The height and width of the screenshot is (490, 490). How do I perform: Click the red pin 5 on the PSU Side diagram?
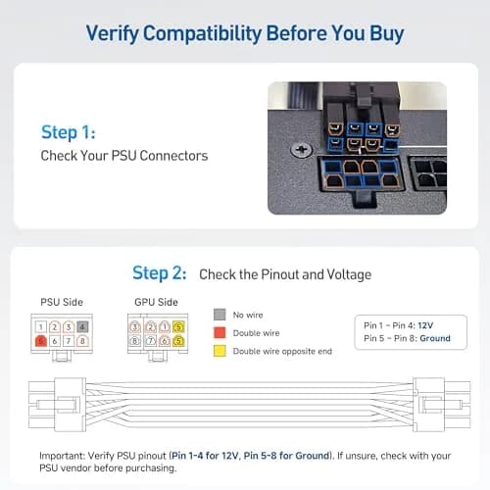tap(41, 341)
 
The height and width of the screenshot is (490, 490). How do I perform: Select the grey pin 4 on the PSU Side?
tap(82, 326)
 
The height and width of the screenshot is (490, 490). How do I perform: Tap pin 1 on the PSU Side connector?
tap(41, 326)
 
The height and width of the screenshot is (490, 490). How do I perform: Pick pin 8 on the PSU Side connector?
tap(82, 341)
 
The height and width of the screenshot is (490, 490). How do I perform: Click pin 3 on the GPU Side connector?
tap(135, 326)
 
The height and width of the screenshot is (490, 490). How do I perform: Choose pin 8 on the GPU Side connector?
tap(135, 341)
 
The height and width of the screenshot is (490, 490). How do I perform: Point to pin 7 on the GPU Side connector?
tap(151, 341)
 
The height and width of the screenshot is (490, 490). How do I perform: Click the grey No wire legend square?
tap(220, 315)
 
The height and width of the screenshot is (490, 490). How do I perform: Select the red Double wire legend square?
tap(220, 332)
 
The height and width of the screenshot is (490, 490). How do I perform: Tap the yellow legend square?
tap(220, 351)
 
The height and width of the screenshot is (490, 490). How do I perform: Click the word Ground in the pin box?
tap(435, 338)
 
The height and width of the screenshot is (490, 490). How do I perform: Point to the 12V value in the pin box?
tap(425, 325)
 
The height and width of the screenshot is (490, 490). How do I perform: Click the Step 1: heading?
tap(69, 132)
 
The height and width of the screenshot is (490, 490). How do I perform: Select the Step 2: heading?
tap(160, 273)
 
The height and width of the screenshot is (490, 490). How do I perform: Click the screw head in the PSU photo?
tap(302, 150)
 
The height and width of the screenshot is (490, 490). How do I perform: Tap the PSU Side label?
tap(62, 302)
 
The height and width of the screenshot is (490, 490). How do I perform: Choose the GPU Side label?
tap(156, 302)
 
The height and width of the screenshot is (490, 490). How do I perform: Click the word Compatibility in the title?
tap(202, 33)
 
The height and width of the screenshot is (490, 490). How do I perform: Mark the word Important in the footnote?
tap(62, 456)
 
